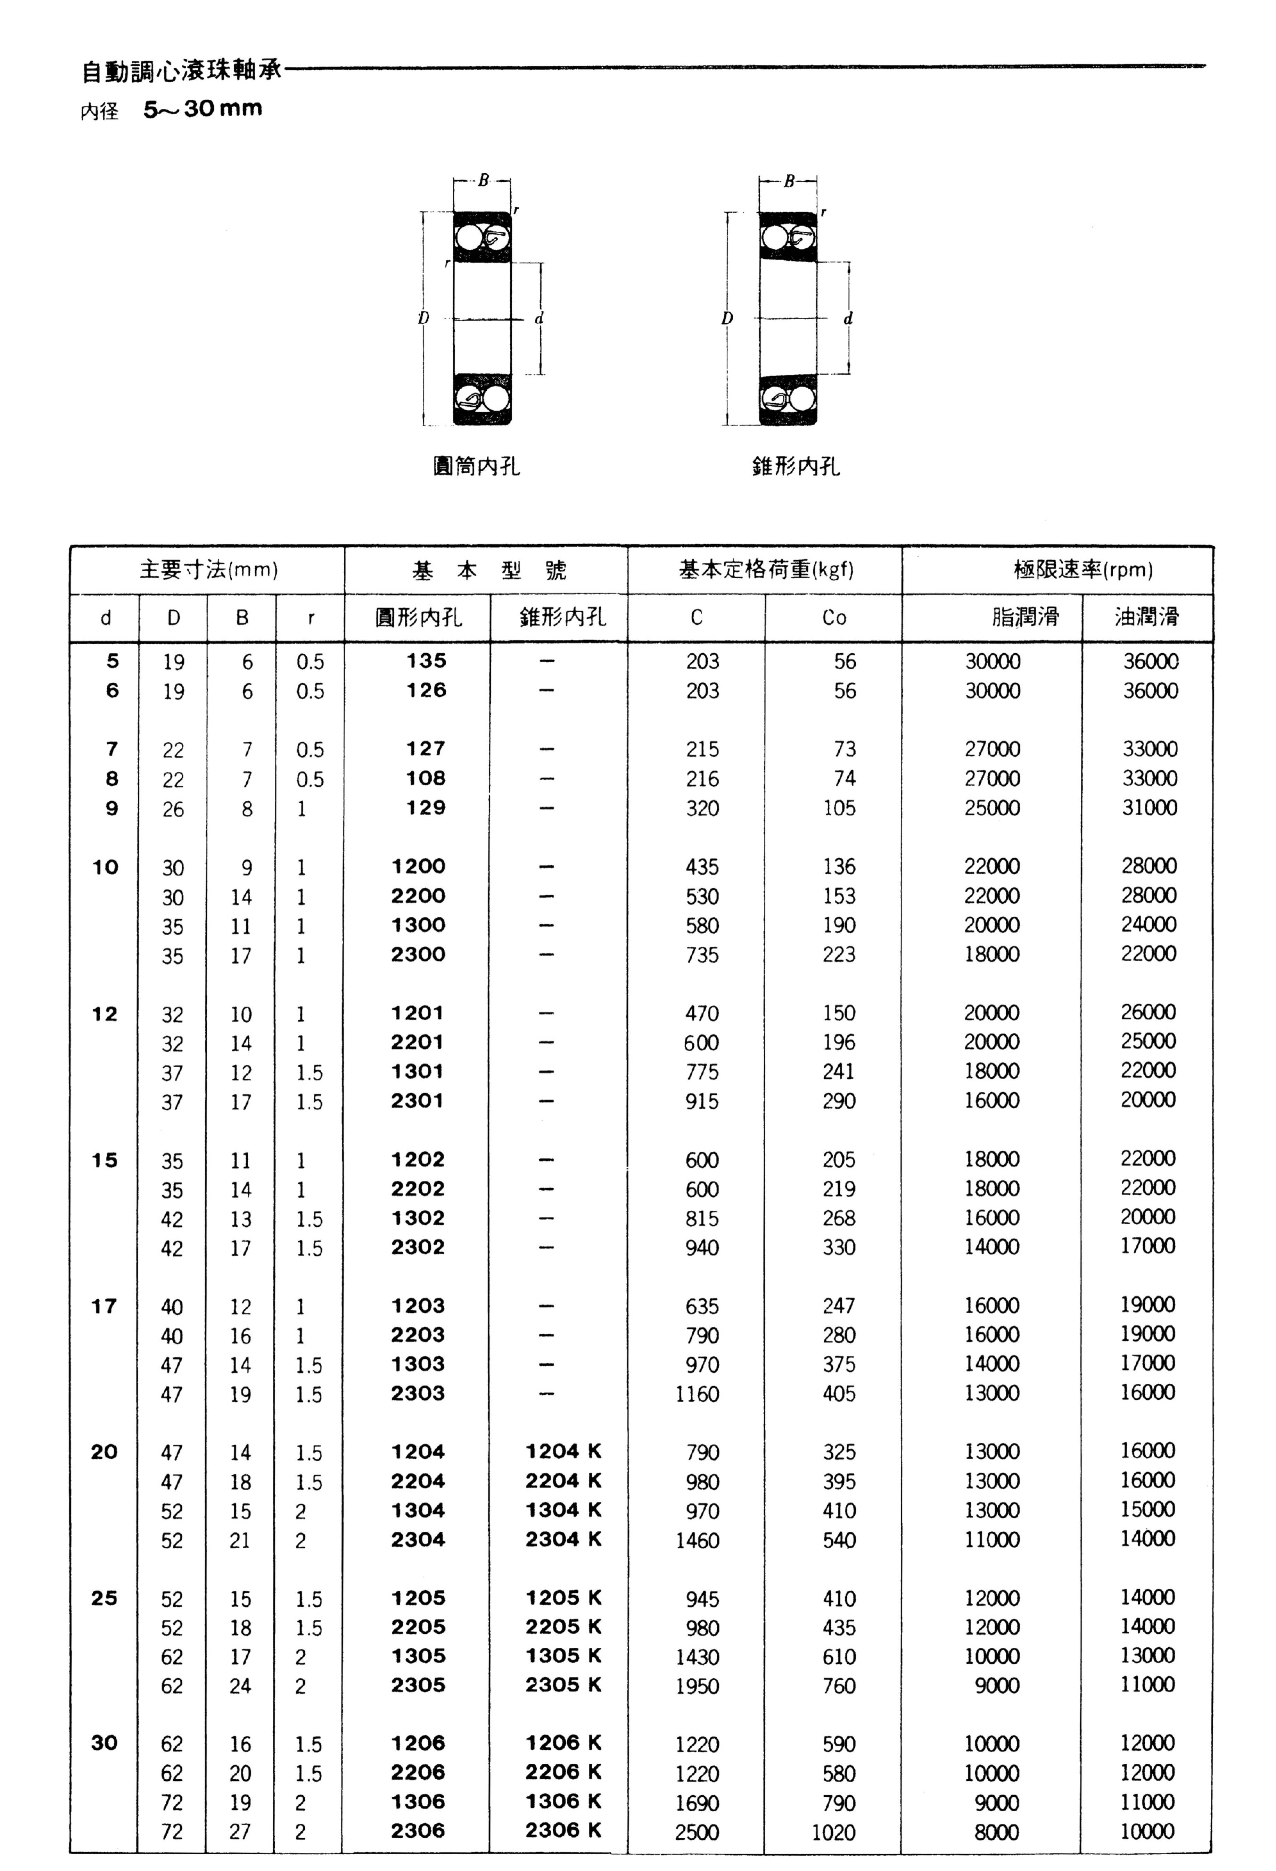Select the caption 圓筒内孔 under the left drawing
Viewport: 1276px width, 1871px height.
477,466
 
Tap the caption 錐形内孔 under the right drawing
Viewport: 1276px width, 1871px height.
796,466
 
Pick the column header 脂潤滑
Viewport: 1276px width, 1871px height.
1025,618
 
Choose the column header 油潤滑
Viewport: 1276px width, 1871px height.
1147,618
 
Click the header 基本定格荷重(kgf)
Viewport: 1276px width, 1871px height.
765,570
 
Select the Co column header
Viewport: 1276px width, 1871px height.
834,618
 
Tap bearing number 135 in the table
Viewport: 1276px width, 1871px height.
426,661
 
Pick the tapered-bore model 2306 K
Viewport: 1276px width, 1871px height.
563,1830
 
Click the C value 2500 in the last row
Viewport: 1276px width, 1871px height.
697,1831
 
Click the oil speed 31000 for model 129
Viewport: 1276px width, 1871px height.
1150,808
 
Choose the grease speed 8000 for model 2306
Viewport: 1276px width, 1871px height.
997,1831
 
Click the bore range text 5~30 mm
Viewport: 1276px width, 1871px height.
203,109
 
